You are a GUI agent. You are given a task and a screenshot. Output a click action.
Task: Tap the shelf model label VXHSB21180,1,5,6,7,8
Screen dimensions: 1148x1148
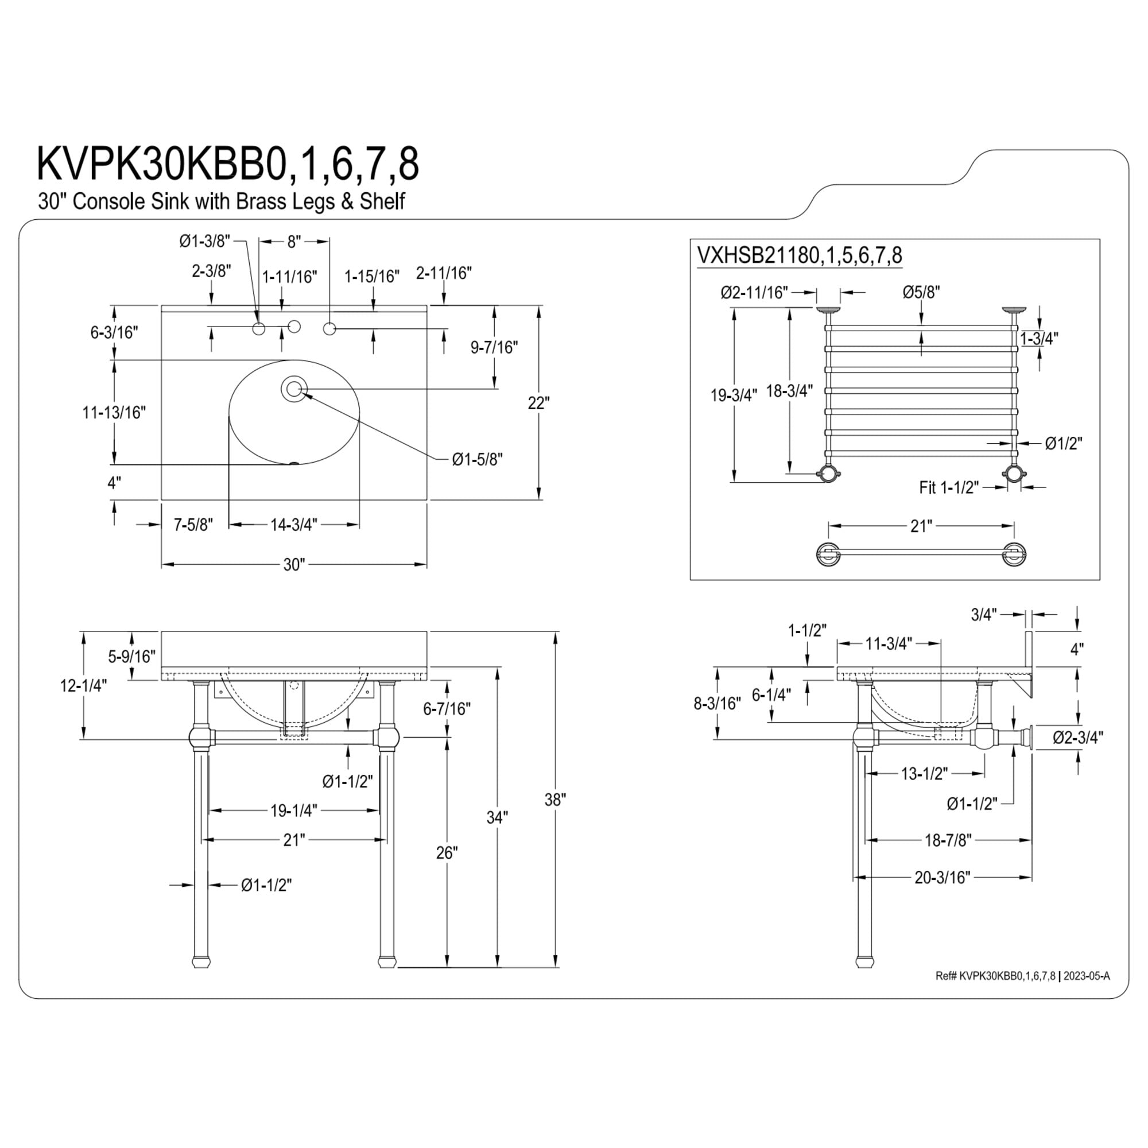coord(799,255)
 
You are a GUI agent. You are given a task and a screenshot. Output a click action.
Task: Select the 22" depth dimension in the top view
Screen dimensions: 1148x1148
coord(538,403)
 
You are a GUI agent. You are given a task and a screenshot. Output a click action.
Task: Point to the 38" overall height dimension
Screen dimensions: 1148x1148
coord(555,800)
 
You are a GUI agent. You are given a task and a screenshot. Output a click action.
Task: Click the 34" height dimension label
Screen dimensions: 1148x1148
coord(497,817)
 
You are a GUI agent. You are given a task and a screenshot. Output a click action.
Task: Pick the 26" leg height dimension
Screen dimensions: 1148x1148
coord(447,854)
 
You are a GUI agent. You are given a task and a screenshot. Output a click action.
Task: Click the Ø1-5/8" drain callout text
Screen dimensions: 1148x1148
coord(477,459)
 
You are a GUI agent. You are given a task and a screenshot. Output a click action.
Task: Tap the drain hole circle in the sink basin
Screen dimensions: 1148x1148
coord(293,389)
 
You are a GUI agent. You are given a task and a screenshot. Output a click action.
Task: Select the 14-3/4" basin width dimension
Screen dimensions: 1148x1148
coord(294,525)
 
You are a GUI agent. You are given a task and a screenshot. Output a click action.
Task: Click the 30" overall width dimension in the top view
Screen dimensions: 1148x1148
coord(294,564)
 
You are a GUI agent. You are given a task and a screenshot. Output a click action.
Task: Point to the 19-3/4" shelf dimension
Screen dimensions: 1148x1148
coord(735,395)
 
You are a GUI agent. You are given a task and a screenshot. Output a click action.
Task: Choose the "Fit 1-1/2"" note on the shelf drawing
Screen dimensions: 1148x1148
coord(949,487)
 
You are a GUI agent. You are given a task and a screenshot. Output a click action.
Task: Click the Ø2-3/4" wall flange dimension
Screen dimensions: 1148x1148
coord(1079,738)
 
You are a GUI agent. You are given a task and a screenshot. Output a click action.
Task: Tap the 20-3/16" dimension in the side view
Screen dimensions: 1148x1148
coord(943,894)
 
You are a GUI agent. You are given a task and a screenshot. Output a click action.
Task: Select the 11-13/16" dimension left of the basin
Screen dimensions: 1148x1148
coord(114,412)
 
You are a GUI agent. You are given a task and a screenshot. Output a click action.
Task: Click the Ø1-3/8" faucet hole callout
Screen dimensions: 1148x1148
coord(204,241)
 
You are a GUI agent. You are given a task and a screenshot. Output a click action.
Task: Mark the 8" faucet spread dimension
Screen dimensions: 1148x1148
coord(294,241)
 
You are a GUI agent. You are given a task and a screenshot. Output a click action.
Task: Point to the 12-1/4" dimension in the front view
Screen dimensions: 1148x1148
coord(83,686)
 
